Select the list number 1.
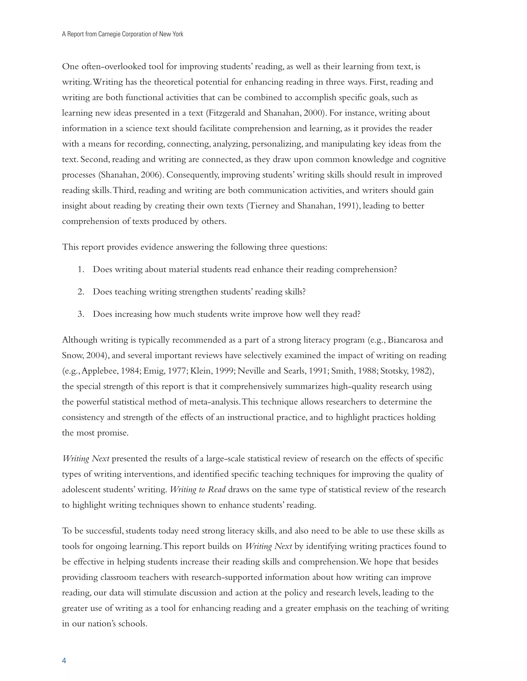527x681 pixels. coord(81,269)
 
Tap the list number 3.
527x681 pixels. coord(81,314)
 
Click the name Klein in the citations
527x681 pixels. coord(199,371)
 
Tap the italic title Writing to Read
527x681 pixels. coord(198,490)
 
